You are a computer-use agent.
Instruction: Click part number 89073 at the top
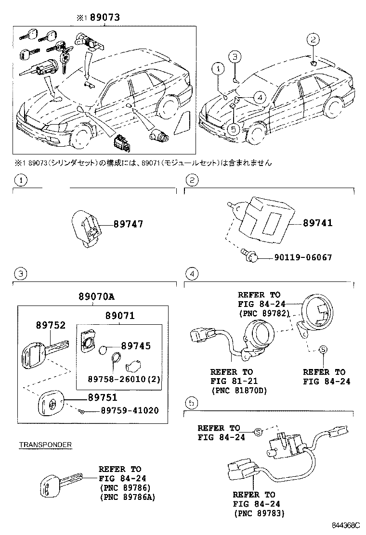(104, 18)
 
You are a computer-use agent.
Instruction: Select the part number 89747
(128, 224)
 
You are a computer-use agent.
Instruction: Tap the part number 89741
(318, 223)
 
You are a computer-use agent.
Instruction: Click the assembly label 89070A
(96, 297)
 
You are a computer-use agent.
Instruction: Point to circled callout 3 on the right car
(234, 57)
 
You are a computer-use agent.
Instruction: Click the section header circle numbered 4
(192, 274)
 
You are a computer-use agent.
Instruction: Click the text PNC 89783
(260, 513)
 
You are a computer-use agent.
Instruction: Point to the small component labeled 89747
(87, 229)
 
